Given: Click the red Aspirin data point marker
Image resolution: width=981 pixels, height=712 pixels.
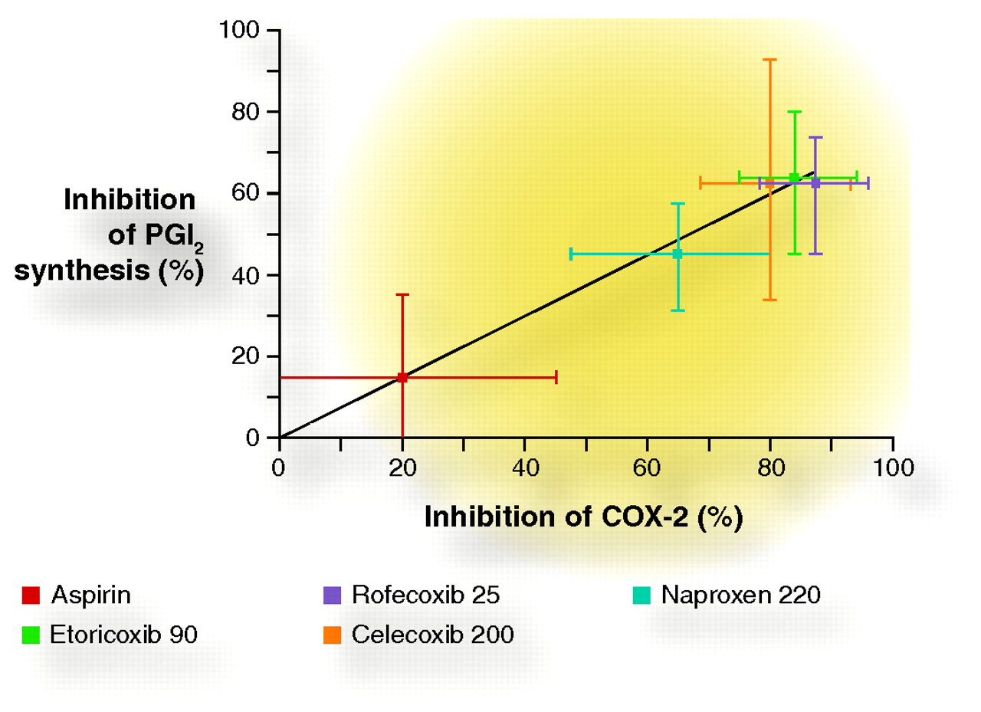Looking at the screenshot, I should pyautogui.click(x=402, y=377).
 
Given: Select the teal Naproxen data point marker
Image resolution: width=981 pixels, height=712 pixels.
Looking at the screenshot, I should pyautogui.click(x=678, y=254).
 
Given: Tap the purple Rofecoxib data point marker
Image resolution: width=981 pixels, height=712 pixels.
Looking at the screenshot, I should pyautogui.click(x=815, y=183).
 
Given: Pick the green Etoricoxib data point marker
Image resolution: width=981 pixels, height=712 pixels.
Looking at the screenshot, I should pyautogui.click(x=794, y=178).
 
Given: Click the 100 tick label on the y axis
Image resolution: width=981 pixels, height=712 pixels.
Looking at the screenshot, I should pyautogui.click(x=240, y=31).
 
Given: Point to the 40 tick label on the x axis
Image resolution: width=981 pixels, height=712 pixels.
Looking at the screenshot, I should pyautogui.click(x=524, y=468).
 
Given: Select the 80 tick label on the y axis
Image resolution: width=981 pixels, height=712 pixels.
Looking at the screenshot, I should pyautogui.click(x=246, y=112).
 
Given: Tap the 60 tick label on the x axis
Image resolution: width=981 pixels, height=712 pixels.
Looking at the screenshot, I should pyautogui.click(x=647, y=468).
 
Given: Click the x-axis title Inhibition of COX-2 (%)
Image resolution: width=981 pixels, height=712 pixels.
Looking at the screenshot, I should pyautogui.click(x=583, y=517).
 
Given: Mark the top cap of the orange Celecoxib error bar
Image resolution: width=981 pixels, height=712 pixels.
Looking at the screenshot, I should pyautogui.click(x=770, y=59).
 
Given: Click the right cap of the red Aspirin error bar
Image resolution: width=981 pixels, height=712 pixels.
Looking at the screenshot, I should pyautogui.click(x=556, y=377).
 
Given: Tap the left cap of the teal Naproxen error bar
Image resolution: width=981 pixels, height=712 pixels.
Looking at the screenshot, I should pyautogui.click(x=571, y=254).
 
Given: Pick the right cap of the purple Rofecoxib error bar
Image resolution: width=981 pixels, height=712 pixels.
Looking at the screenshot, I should pyautogui.click(x=868, y=183).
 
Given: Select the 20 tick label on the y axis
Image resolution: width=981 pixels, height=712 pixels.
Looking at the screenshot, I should pyautogui.click(x=246, y=356).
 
